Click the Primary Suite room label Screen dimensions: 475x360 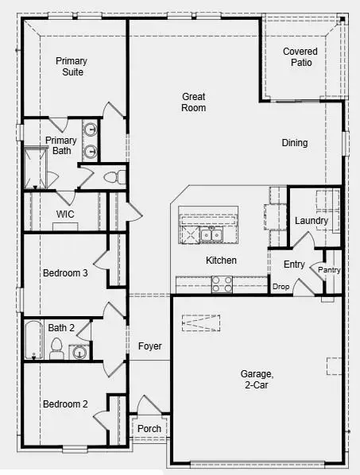(71, 67)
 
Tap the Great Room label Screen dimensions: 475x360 (193, 102)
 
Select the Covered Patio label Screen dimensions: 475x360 (300, 57)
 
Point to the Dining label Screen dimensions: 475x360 (294, 143)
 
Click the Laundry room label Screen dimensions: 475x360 (306, 220)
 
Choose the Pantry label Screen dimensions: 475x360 (329, 270)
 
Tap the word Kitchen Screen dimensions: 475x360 (222, 261)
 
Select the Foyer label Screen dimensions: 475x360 (149, 346)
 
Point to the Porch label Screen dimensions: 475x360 (149, 429)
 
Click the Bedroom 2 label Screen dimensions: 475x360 (65, 404)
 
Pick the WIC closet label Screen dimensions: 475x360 (65, 214)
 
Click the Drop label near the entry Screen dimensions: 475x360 (281, 287)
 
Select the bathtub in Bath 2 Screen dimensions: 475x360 (33, 340)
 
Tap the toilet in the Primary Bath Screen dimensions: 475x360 (112, 177)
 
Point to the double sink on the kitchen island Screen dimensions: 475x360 (210, 235)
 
